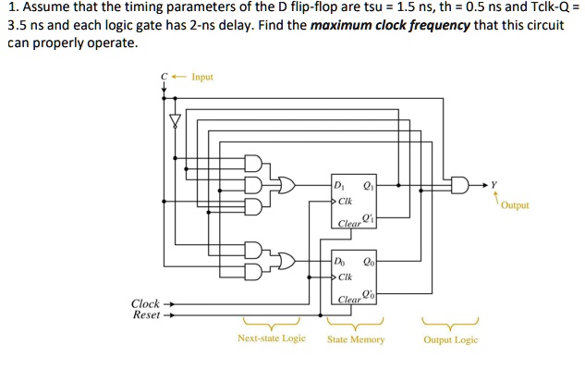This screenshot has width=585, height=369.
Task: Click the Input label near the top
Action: click(x=201, y=77)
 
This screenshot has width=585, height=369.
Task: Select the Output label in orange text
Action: click(x=515, y=205)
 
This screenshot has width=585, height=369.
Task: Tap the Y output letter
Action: click(x=494, y=184)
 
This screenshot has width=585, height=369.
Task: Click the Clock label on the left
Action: click(x=145, y=303)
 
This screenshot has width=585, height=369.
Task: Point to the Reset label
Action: click(x=146, y=314)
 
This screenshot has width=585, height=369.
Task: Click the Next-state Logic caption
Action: click(x=271, y=339)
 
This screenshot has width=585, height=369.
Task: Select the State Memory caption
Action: click(x=355, y=339)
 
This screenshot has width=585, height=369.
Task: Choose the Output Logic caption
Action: click(x=450, y=339)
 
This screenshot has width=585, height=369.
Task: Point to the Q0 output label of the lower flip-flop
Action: click(x=368, y=261)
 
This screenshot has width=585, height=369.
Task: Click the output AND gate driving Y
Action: click(x=458, y=186)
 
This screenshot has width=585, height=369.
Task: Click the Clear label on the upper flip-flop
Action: click(x=349, y=224)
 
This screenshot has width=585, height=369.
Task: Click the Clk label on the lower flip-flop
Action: click(x=345, y=277)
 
